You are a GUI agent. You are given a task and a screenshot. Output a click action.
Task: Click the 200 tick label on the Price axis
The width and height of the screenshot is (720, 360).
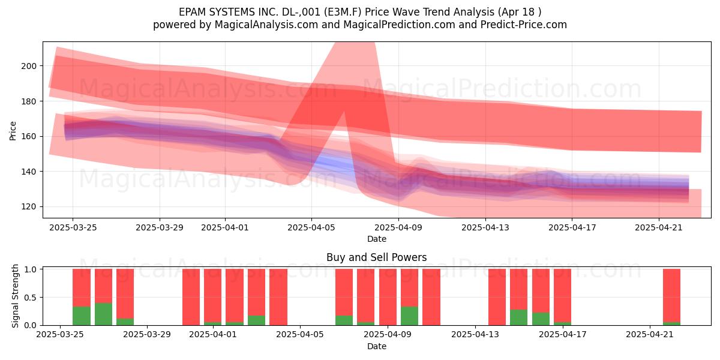(x=29, y=66)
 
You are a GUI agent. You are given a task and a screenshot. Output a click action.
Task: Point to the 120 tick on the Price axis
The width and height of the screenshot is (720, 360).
(x=29, y=207)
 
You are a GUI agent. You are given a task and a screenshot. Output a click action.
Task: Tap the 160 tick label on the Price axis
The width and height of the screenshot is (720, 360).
(x=29, y=137)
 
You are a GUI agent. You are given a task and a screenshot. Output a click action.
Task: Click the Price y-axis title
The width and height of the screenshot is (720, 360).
(x=13, y=131)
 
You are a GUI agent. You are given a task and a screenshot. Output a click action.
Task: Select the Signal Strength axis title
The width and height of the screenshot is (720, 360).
(x=15, y=296)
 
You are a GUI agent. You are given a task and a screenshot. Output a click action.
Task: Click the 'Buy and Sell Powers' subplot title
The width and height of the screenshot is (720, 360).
(x=376, y=257)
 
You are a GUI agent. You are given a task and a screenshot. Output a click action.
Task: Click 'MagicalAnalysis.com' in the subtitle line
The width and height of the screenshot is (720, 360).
(x=266, y=25)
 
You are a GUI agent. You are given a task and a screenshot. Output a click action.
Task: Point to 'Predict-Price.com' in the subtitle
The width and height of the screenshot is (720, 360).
(x=524, y=25)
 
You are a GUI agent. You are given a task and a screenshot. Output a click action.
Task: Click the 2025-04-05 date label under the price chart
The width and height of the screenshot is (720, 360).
(x=311, y=228)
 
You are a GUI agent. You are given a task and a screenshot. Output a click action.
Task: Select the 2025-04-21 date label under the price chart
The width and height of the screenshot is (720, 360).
(x=659, y=228)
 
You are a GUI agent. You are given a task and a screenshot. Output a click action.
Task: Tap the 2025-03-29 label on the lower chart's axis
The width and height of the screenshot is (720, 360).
(x=147, y=335)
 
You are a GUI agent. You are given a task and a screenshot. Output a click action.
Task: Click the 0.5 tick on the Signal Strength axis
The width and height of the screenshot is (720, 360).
(x=30, y=298)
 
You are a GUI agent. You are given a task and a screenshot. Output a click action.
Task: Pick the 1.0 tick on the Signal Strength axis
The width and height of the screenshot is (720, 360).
(x=30, y=269)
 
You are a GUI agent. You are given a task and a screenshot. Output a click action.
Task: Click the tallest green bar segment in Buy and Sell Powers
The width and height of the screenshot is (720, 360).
(x=103, y=314)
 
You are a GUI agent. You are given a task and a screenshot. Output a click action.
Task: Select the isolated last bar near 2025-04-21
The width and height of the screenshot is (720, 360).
(x=671, y=297)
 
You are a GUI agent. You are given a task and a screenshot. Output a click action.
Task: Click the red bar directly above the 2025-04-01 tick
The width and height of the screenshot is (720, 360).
(x=212, y=296)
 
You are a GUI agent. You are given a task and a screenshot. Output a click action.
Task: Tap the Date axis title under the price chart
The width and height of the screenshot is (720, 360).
(x=377, y=239)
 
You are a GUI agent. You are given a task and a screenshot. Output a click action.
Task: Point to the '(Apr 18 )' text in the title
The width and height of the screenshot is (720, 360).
(x=520, y=12)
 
